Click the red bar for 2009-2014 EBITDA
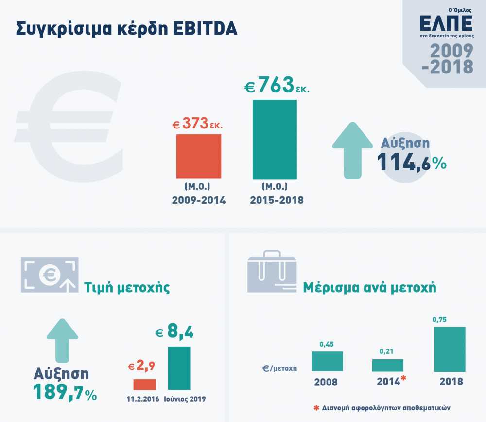[x=198, y=156]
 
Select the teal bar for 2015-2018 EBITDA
[x=275, y=139]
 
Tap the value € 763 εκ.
[x=277, y=86]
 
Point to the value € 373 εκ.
[x=198, y=124]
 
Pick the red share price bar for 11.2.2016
[x=144, y=384]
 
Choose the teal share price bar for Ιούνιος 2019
[x=179, y=368]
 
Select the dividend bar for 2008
[x=327, y=361]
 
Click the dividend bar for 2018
[x=450, y=349]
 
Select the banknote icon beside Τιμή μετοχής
[x=49, y=275]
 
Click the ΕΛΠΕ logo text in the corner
[x=446, y=23]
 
